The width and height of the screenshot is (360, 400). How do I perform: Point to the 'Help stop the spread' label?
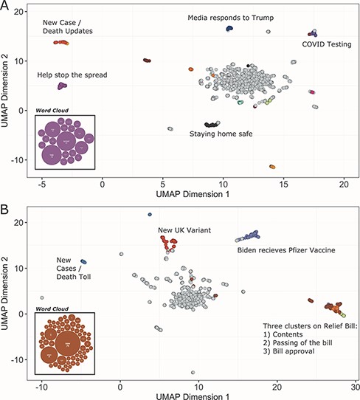[x=72, y=75]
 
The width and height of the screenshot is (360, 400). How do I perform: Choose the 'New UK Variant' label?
[x=184, y=230]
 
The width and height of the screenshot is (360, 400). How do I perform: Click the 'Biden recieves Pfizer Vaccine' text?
[x=285, y=250]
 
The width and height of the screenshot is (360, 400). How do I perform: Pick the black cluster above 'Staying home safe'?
[x=212, y=124]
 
